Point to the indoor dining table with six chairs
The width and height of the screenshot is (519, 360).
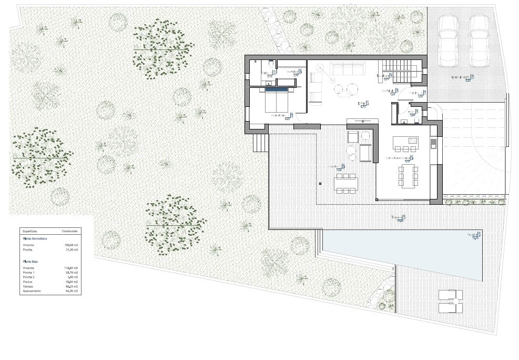(409, 176)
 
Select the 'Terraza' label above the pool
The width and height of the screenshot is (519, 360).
(397, 217)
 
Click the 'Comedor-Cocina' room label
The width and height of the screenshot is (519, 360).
(398, 158)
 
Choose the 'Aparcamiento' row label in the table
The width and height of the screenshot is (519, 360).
(32, 291)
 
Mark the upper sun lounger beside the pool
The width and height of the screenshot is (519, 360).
(451, 295)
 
